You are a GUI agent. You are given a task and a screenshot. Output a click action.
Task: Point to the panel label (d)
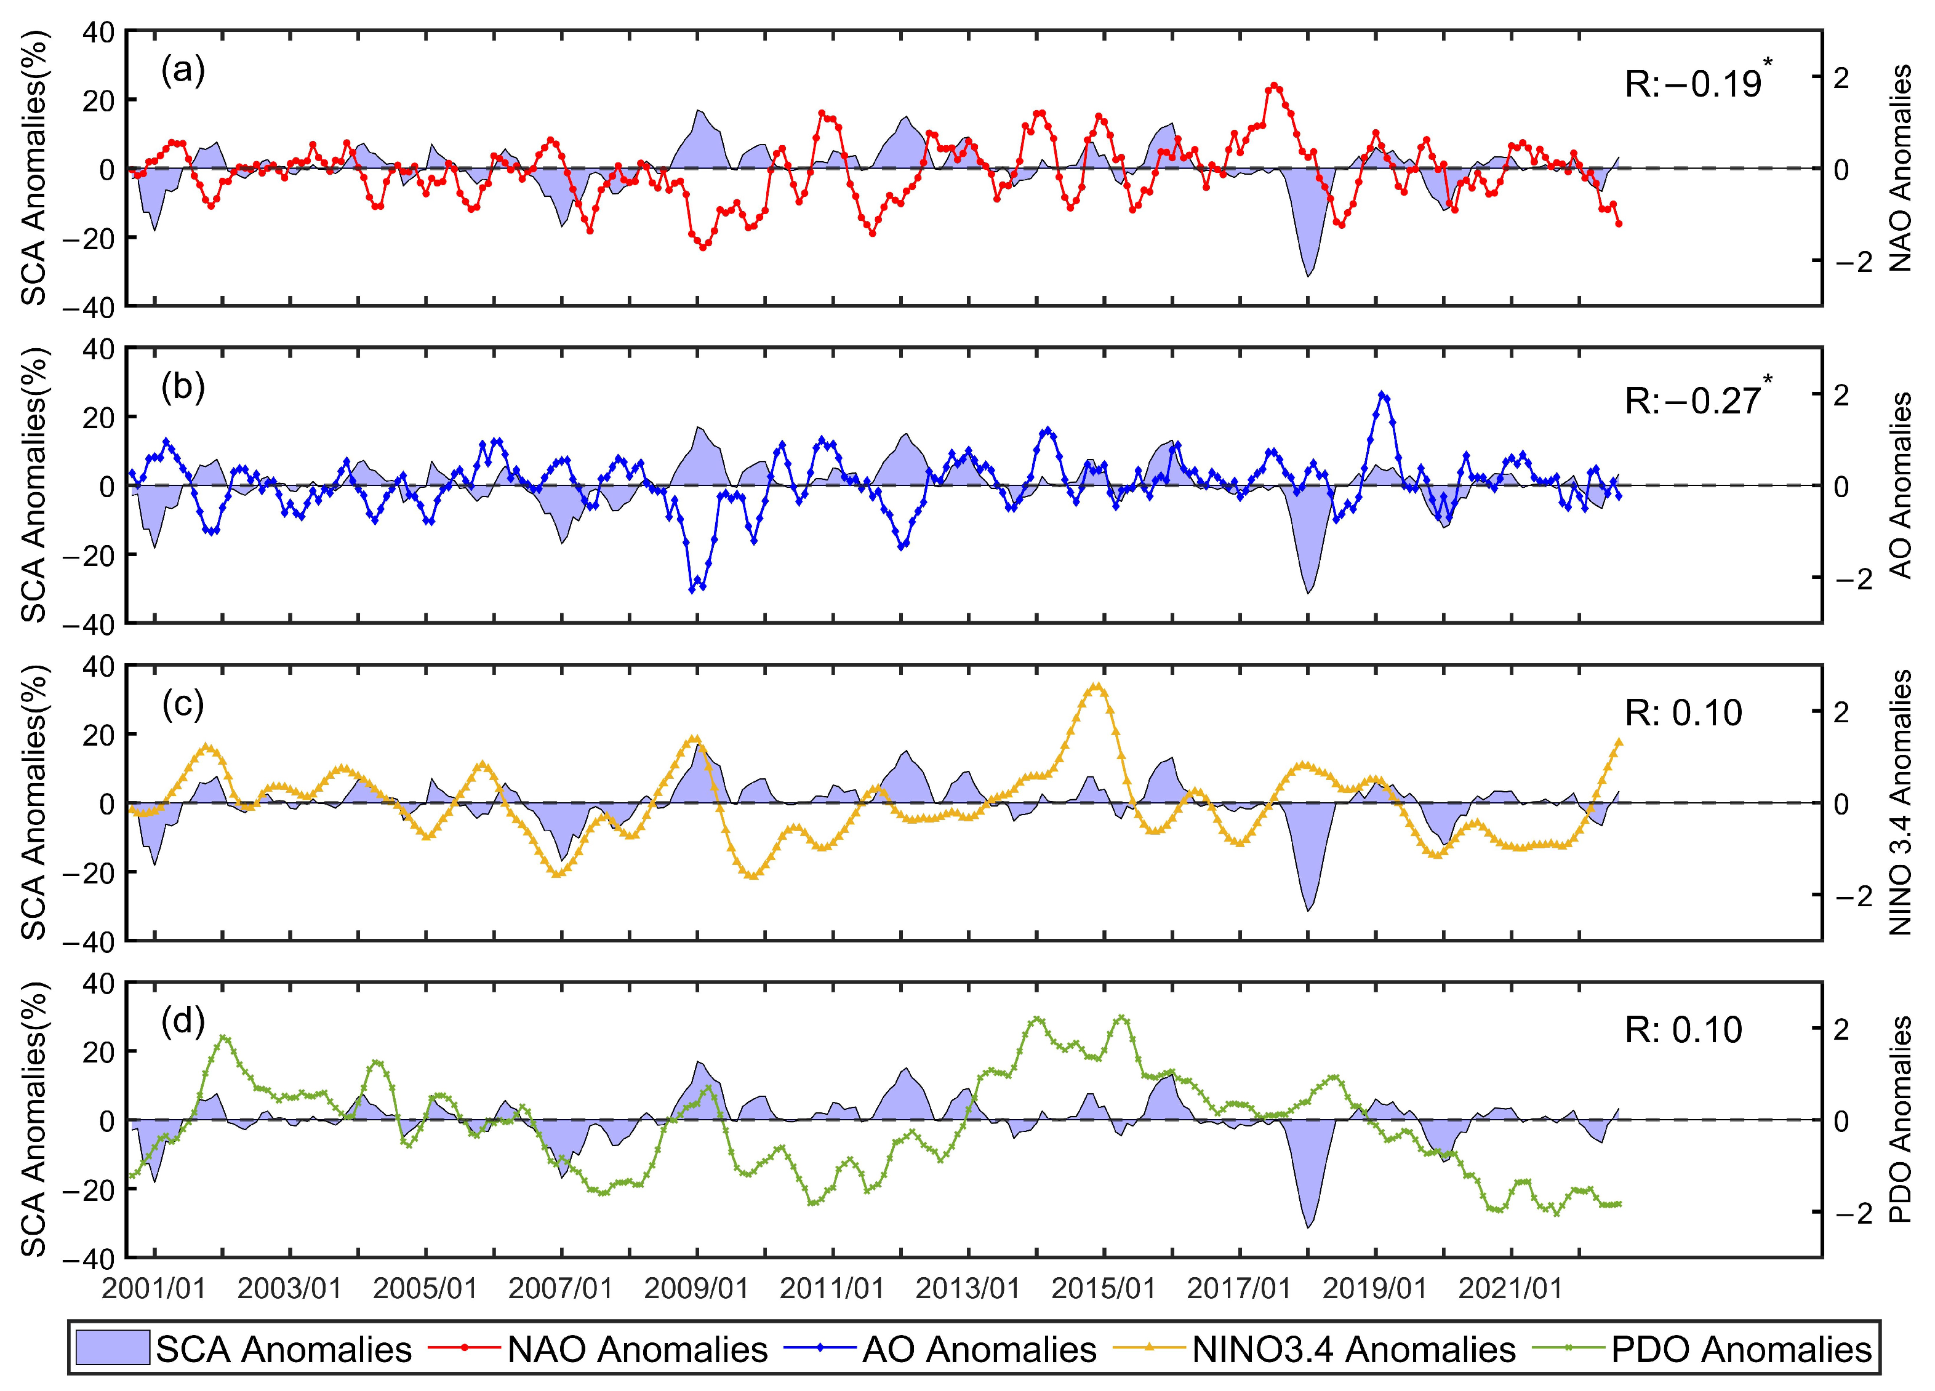click(x=183, y=1022)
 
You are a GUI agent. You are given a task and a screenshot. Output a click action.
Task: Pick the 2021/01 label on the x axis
click(x=1510, y=1289)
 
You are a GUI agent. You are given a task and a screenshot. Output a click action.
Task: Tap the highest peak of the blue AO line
click(x=1383, y=394)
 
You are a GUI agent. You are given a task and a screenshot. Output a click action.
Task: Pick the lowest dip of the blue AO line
click(x=692, y=589)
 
